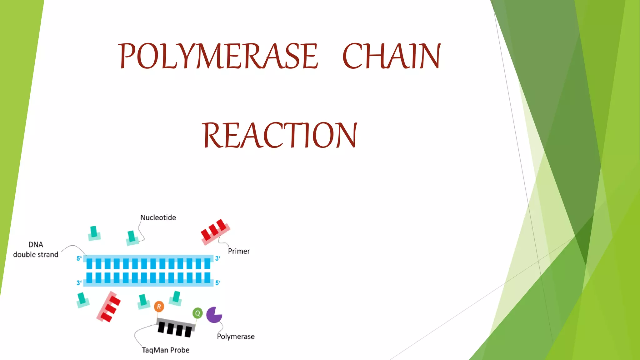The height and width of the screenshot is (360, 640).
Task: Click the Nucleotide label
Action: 158,217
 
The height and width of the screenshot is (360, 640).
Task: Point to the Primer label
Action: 239,251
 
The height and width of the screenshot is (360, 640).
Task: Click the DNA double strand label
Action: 36,250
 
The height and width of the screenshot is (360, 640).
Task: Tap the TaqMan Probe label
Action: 166,350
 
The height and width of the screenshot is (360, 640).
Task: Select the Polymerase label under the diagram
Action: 236,337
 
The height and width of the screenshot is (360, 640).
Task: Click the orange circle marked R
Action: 159,307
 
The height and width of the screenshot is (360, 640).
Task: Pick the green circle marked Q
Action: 197,313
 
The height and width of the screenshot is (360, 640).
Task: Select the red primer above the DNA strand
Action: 215,231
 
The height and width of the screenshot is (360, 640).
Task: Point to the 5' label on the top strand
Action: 79,258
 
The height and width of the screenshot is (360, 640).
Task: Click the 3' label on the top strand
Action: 217,258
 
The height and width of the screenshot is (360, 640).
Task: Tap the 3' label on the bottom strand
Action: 79,283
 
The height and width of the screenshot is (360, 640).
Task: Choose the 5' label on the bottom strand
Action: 217,283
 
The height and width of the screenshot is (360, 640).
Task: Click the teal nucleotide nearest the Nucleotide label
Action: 132,238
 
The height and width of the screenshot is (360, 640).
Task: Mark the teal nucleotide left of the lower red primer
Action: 82,300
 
